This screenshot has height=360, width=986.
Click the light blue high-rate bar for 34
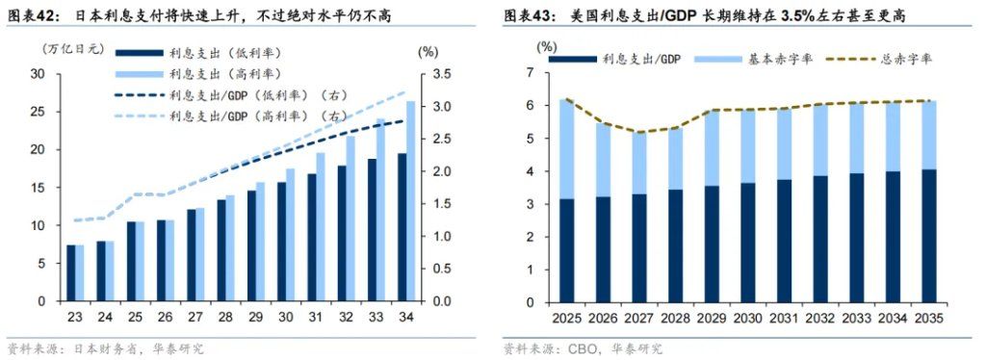tap(411, 201)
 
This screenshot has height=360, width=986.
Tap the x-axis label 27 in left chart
tap(195, 316)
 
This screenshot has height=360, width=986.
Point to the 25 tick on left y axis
tap(38, 112)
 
